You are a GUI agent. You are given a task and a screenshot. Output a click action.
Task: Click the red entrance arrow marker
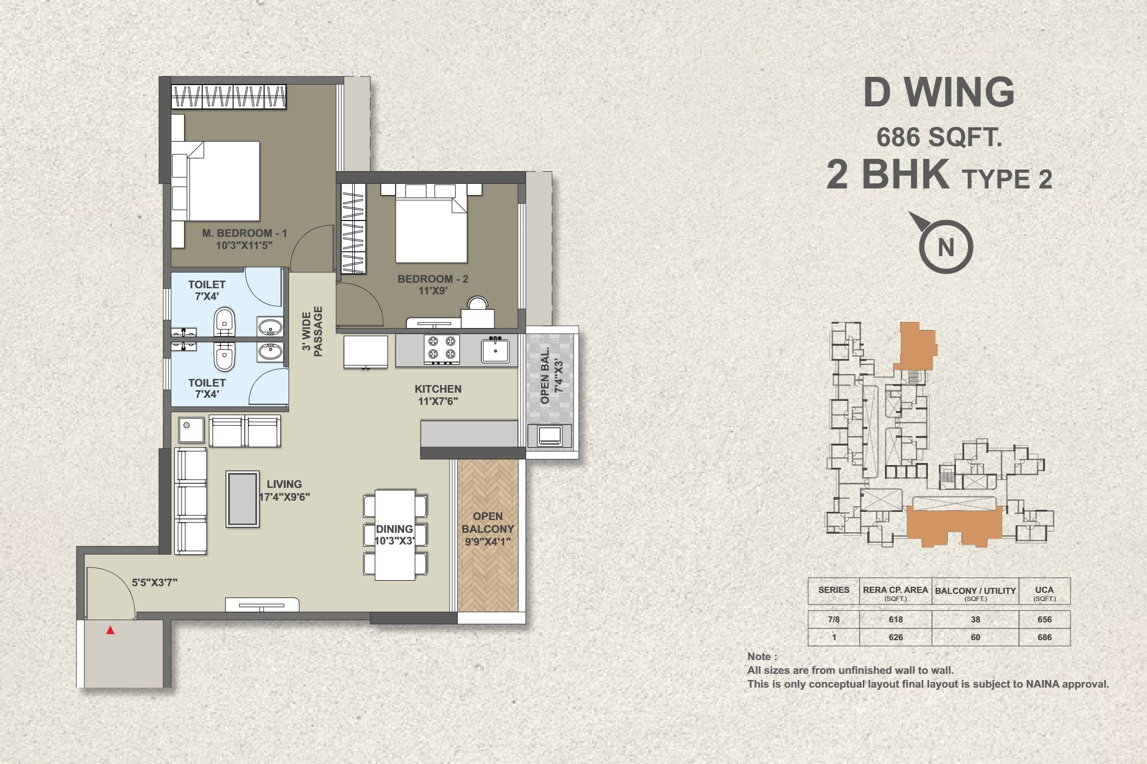(x=110, y=631)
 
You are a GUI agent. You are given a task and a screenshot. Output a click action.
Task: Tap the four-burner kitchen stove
(x=442, y=349)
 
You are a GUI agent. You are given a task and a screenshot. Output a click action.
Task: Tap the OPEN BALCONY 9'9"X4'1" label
(x=488, y=529)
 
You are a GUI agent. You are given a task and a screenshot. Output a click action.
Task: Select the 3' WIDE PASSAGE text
(x=312, y=331)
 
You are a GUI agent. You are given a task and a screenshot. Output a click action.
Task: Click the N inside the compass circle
(x=946, y=248)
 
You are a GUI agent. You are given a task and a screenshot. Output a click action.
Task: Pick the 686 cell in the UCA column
(x=1045, y=637)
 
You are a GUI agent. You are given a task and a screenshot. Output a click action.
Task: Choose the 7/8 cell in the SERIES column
(x=834, y=619)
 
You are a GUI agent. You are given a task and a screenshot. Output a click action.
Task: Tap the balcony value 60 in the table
(x=975, y=637)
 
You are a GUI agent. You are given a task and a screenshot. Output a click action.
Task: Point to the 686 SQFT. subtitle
(x=939, y=137)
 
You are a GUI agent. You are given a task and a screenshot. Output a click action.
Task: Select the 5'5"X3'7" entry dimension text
(x=154, y=583)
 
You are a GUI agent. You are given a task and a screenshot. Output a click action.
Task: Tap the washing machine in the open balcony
(x=550, y=435)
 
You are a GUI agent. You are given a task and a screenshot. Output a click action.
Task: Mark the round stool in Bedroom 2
(x=478, y=304)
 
